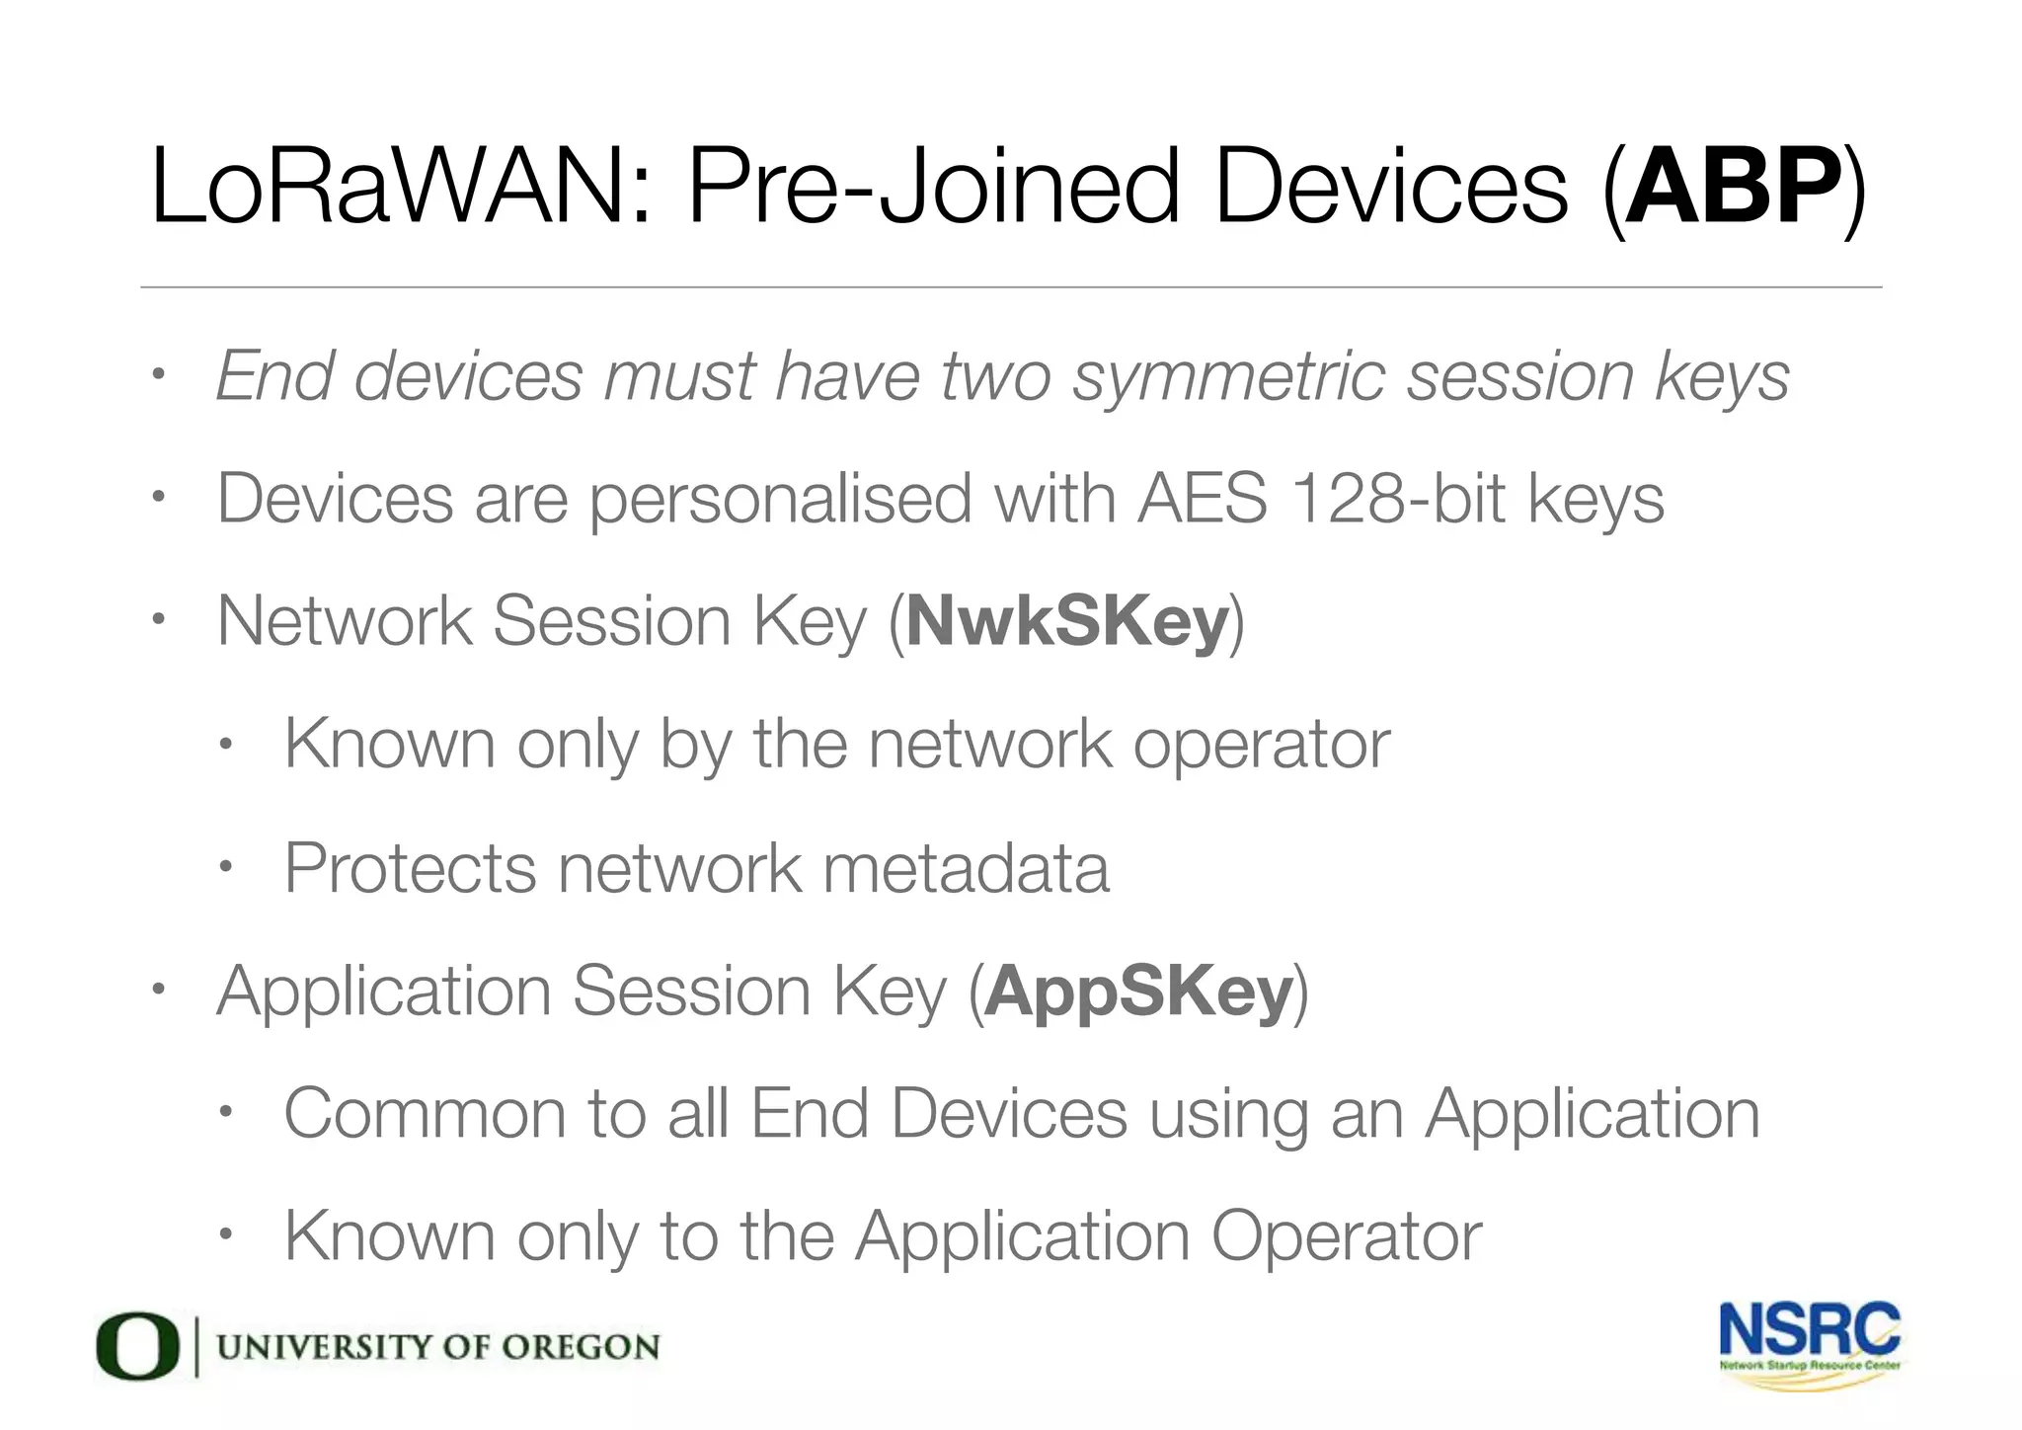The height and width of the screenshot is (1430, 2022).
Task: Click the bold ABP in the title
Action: (x=1734, y=187)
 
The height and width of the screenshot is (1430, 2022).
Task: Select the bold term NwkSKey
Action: (x=1067, y=621)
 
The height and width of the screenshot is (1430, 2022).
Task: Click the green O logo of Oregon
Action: (x=137, y=1346)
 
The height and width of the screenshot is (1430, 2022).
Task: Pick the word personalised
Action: (x=781, y=500)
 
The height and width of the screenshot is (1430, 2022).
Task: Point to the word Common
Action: (x=424, y=1114)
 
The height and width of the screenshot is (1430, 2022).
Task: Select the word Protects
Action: (x=410, y=868)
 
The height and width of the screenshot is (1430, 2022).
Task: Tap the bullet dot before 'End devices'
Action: (x=156, y=375)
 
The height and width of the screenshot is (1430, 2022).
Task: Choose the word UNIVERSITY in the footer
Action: (x=323, y=1347)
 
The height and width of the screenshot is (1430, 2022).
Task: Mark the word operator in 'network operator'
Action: (x=1261, y=745)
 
